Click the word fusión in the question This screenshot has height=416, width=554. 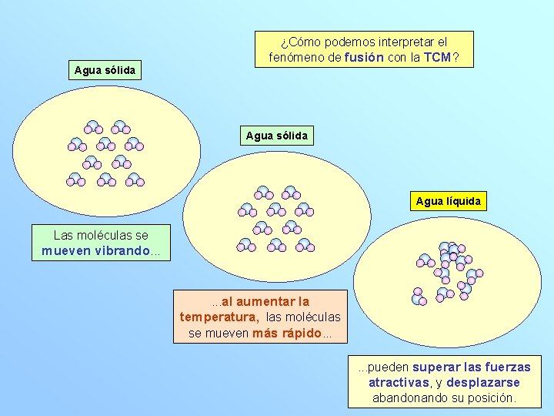pyautogui.click(x=364, y=57)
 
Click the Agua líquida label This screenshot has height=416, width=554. pyautogui.click(x=448, y=202)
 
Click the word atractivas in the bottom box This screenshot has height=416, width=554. pyautogui.click(x=399, y=383)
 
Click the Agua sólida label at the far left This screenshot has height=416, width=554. pyautogui.click(x=105, y=70)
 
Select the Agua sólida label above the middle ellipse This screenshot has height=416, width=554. pyautogui.click(x=276, y=136)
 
